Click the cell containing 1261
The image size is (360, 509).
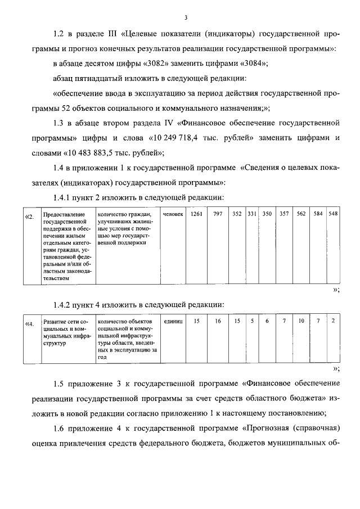[x=196, y=214]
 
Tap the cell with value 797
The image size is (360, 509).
[x=218, y=214]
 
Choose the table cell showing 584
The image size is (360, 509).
[x=318, y=214]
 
